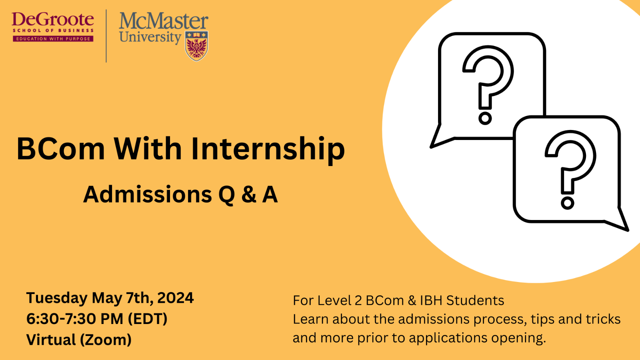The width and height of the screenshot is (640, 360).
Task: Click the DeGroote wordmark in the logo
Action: tap(53, 20)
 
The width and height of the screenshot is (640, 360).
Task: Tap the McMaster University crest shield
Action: tap(196, 46)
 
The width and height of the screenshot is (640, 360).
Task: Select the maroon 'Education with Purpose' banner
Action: tap(53, 38)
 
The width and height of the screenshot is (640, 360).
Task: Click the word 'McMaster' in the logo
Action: tap(164, 21)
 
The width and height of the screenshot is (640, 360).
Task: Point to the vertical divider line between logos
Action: tap(106, 36)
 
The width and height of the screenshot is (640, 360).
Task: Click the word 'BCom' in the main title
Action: tap(60, 148)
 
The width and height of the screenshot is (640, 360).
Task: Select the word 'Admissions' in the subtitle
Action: tap(148, 194)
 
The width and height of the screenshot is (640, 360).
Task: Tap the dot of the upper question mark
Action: tap(485, 118)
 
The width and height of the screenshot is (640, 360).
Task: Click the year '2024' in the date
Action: tap(176, 298)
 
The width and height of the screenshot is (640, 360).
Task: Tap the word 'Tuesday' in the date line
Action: tap(57, 298)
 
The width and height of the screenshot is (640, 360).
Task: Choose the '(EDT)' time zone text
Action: tap(148, 319)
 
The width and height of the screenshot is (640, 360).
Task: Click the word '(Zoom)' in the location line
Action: tap(106, 340)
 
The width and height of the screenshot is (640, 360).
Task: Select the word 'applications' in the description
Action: tap(448, 338)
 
